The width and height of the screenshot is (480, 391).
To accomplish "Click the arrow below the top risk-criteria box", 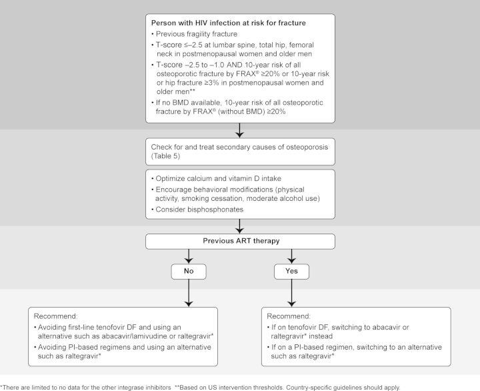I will click(x=239, y=131).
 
